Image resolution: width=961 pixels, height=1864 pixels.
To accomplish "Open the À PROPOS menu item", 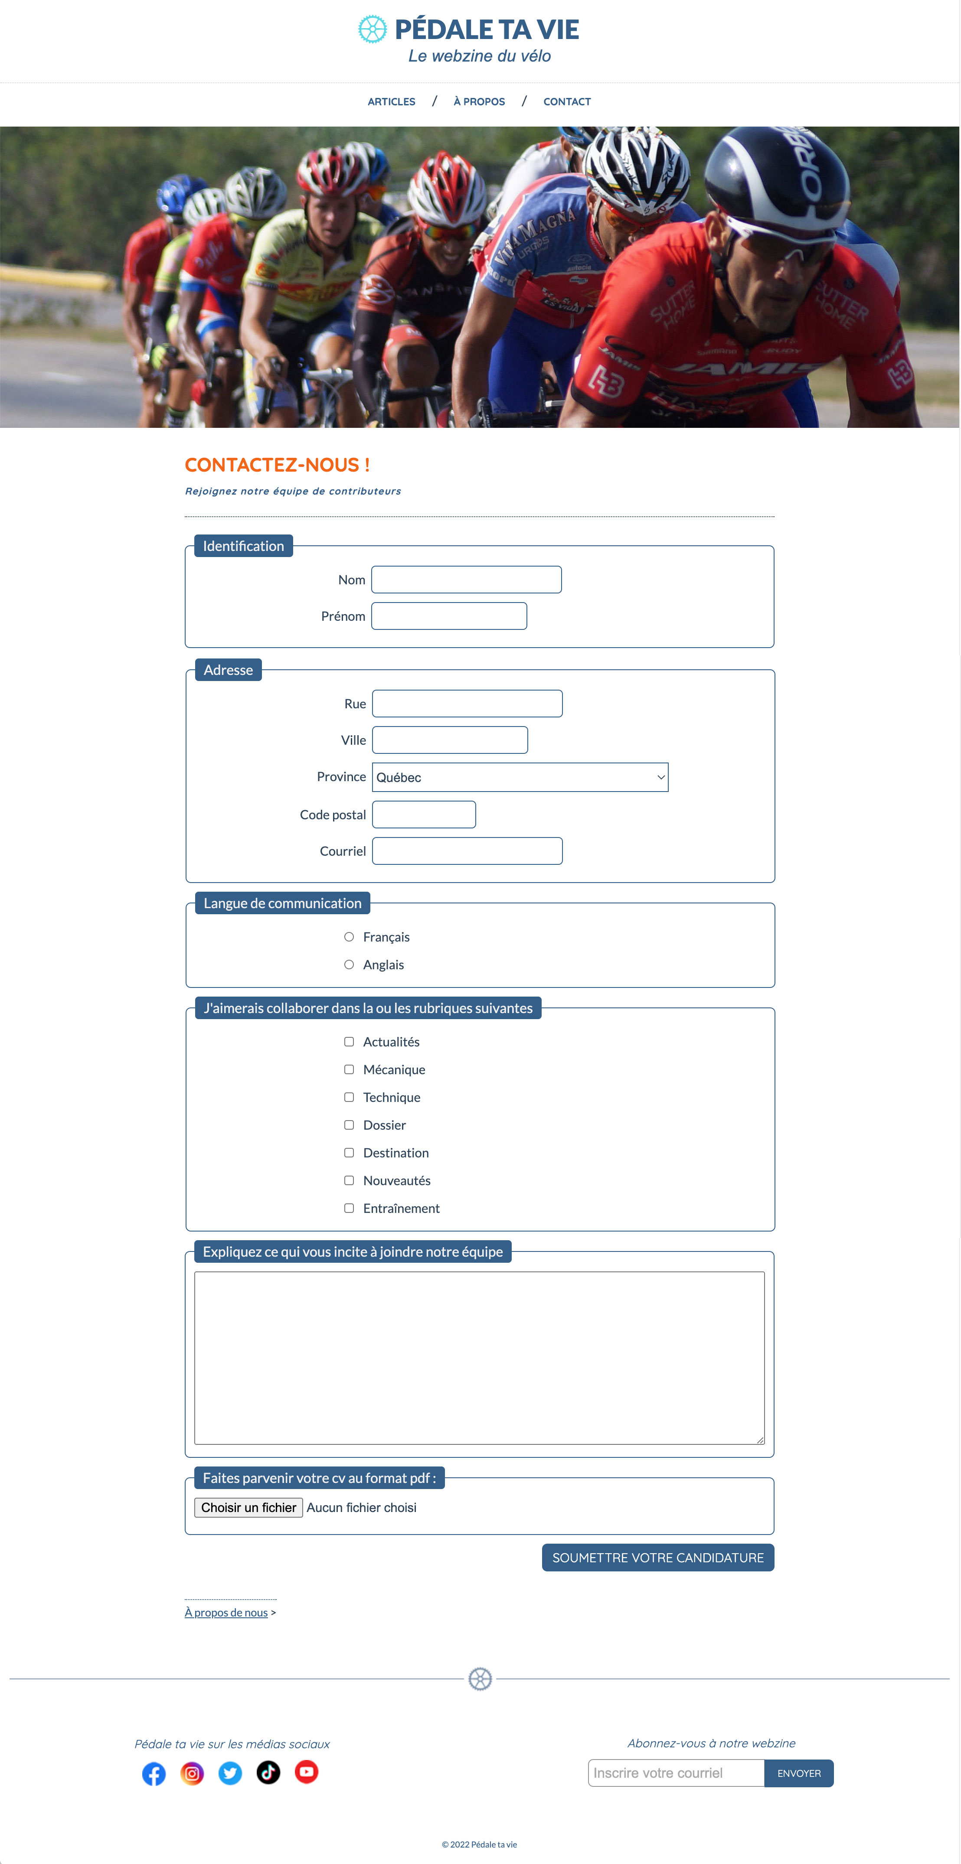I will point(479,102).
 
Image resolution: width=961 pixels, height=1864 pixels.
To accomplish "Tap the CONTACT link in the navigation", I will point(567,102).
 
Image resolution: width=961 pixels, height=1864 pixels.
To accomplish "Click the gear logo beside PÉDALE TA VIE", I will point(373,29).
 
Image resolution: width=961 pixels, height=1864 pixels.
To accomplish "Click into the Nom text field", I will point(466,580).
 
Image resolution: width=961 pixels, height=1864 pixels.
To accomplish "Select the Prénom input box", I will point(449,616).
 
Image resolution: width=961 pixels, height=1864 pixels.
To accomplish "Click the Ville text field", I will point(449,740).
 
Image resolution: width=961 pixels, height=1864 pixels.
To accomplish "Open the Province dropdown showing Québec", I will point(520,777).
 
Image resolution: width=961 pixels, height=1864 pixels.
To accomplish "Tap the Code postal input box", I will point(423,814).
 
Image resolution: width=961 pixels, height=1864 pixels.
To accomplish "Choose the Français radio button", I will point(349,937).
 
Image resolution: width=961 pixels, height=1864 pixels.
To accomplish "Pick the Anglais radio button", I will point(349,965).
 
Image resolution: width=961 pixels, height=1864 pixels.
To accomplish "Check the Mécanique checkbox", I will point(349,1069).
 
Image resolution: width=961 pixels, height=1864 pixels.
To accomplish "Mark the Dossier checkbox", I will point(349,1124).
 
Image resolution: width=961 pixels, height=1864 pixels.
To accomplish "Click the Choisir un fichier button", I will point(248,1507).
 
